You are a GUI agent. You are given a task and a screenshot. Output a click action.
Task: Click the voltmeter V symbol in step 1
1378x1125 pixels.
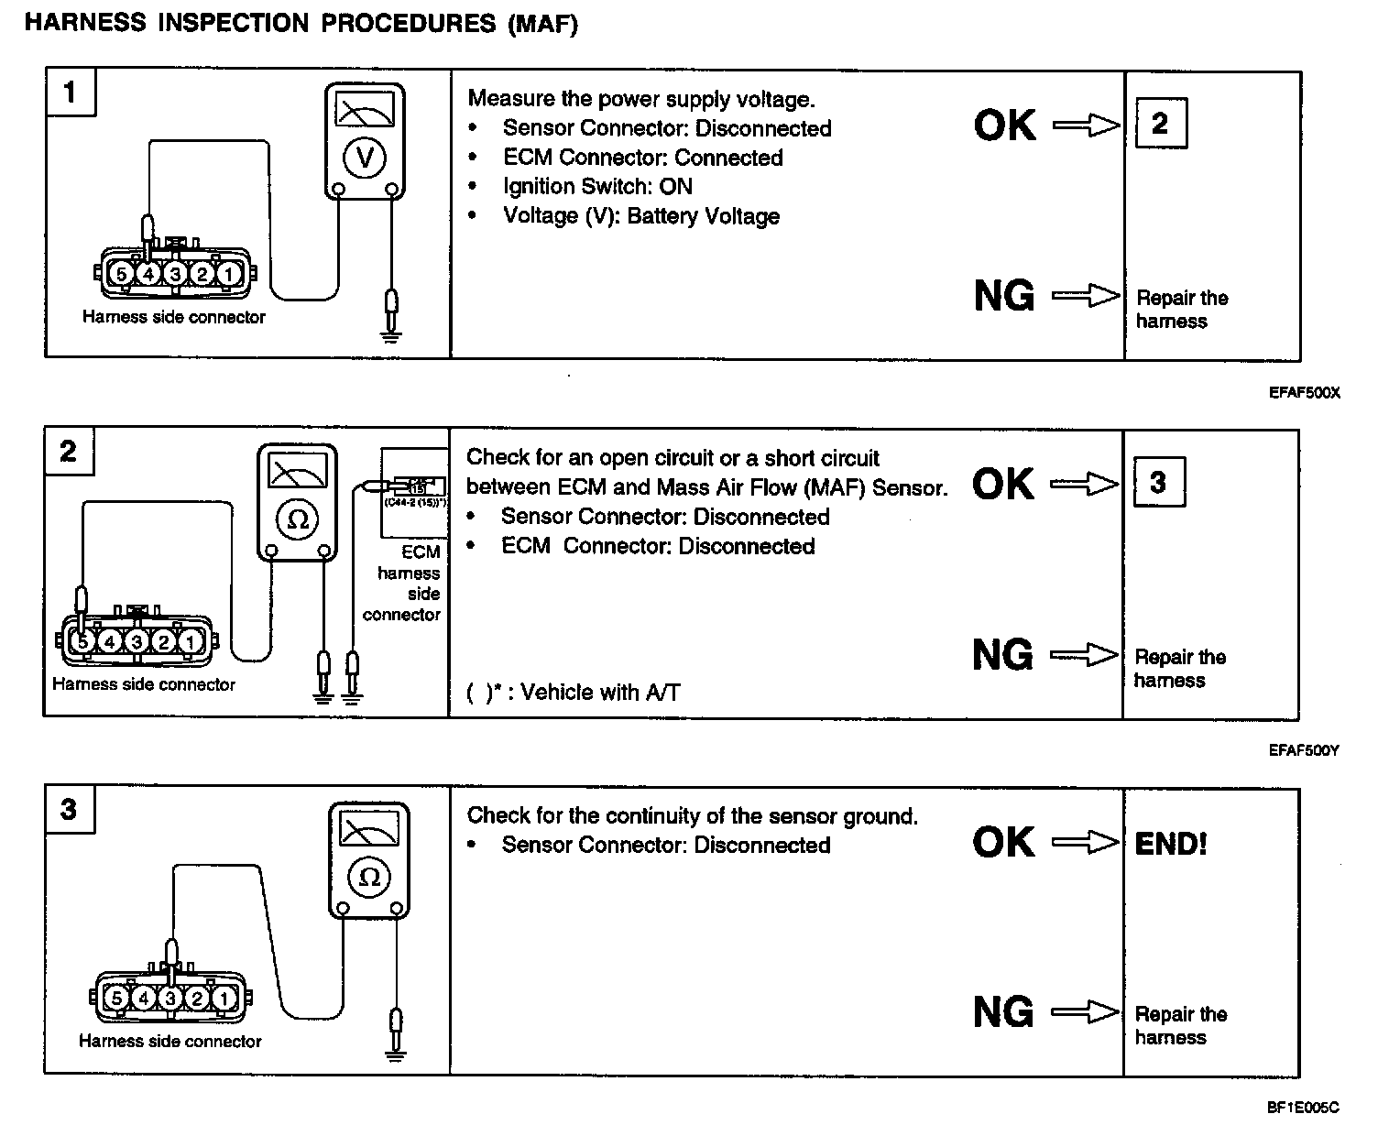click(x=365, y=158)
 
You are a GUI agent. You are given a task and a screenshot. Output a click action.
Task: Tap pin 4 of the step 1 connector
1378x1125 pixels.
click(x=148, y=273)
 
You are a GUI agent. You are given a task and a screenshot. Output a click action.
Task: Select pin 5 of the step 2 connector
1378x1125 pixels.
click(x=83, y=641)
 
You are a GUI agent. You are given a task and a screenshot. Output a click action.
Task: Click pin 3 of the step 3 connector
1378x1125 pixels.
click(x=170, y=998)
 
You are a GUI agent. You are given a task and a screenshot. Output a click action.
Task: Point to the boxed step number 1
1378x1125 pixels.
click(x=70, y=92)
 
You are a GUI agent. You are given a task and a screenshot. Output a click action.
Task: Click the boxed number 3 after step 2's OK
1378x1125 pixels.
click(x=1158, y=482)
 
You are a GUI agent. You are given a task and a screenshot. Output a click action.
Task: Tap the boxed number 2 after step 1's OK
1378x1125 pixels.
click(x=1160, y=123)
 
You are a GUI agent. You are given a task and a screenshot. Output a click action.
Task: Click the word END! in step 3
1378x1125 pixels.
click(x=1171, y=843)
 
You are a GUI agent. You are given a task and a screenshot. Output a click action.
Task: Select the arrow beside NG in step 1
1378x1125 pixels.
click(x=1086, y=296)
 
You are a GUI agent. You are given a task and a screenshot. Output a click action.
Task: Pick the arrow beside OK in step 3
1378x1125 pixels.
click(x=1085, y=842)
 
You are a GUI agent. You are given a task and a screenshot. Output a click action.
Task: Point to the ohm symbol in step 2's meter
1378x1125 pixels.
click(x=297, y=519)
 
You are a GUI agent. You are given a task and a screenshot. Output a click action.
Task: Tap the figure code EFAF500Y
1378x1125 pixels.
click(x=1304, y=750)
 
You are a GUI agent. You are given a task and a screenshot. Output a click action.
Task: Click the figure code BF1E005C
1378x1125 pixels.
click(x=1303, y=1108)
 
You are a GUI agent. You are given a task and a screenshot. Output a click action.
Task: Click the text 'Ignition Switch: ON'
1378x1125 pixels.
click(x=597, y=187)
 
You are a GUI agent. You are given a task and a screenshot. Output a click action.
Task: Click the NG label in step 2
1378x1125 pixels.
click(x=1002, y=655)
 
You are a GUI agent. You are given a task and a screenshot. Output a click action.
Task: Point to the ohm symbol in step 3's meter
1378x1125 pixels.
click(x=369, y=877)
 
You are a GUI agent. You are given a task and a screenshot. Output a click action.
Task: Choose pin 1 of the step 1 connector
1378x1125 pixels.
click(x=229, y=273)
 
